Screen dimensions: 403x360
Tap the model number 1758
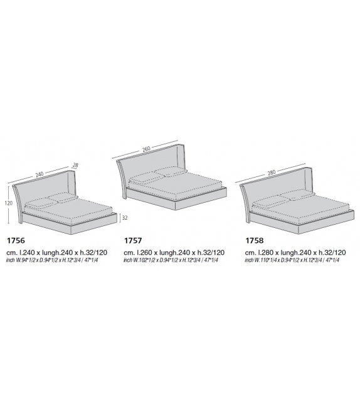[255, 240]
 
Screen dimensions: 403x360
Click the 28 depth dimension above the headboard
[76, 165]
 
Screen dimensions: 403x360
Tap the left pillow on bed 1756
[42, 203]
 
